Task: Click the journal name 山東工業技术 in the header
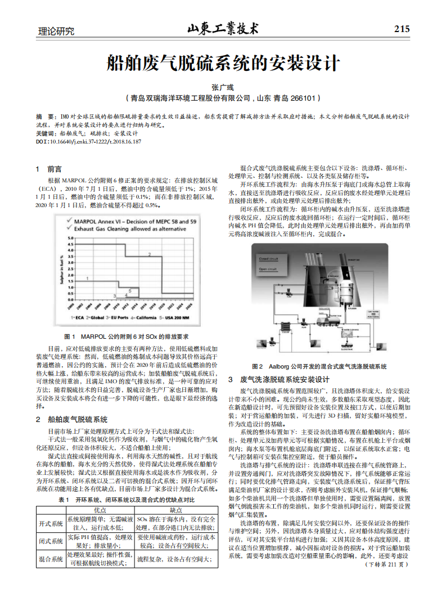click(223, 28)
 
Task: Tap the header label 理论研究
click(55, 32)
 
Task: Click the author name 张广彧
click(223, 87)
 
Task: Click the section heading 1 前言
click(48, 169)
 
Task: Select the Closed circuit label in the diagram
click(268, 258)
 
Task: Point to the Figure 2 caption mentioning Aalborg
click(319, 366)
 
